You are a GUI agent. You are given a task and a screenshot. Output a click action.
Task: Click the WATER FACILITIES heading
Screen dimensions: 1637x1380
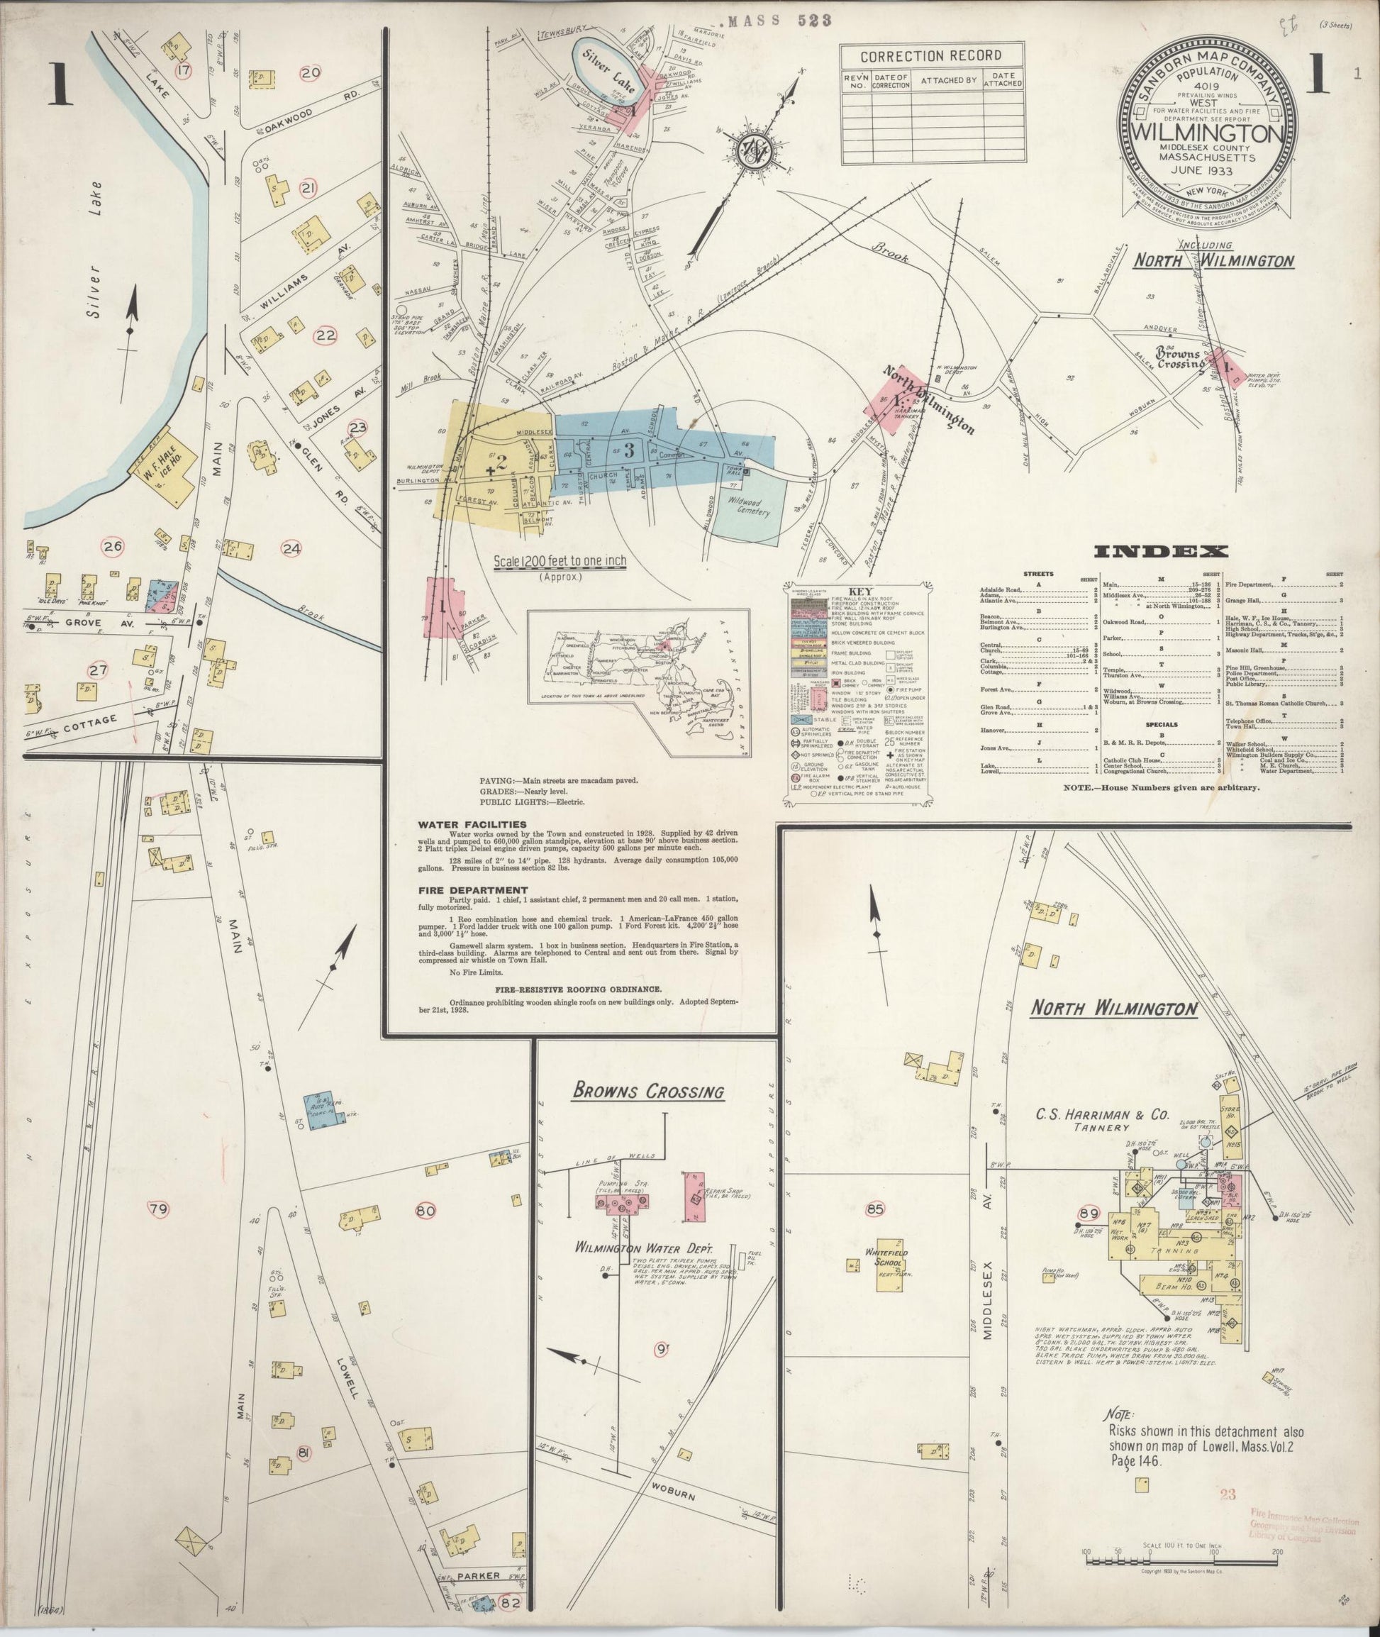point(460,825)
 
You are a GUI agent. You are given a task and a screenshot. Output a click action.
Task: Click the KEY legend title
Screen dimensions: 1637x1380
point(858,592)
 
